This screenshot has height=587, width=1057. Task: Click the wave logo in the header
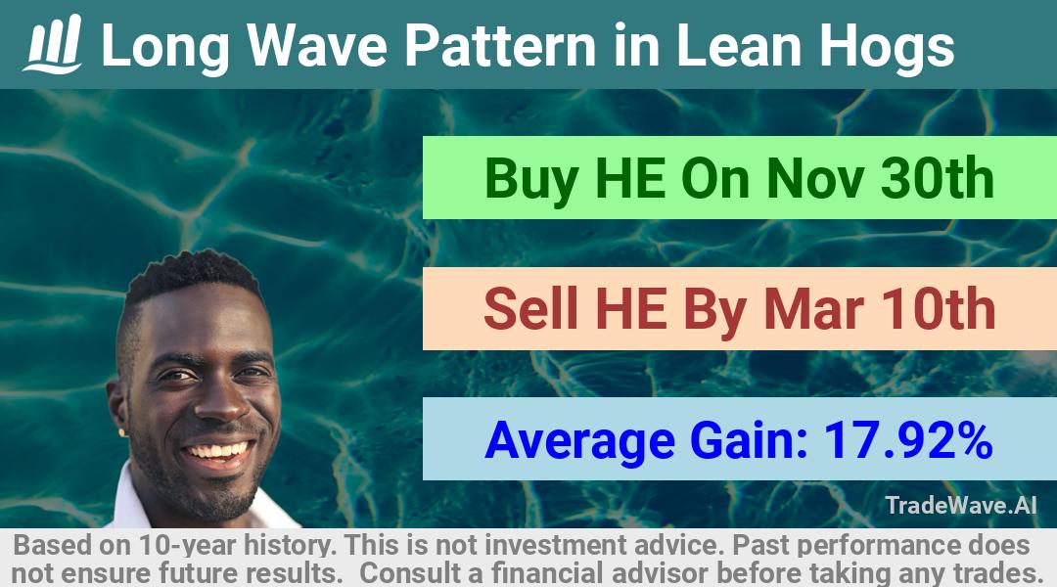click(53, 44)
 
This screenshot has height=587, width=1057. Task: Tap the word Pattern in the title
click(500, 46)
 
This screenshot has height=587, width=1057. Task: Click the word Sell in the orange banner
click(530, 308)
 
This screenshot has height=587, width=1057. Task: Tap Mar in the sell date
click(813, 309)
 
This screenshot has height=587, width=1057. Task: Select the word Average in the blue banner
click(579, 441)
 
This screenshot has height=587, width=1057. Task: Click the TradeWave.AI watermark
click(961, 505)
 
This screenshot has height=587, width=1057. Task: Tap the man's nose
click(222, 402)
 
